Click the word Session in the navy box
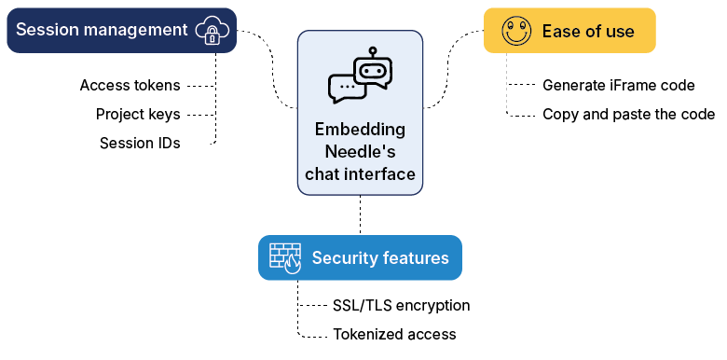click(44, 30)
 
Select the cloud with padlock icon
click(212, 31)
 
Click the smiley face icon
click(515, 31)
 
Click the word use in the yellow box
click(620, 32)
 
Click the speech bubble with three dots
click(346, 88)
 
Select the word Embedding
click(360, 130)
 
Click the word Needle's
click(360, 152)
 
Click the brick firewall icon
click(285, 257)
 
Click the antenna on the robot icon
click(373, 52)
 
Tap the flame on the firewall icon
click(294, 265)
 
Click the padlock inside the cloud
click(213, 35)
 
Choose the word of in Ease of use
click(594, 32)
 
